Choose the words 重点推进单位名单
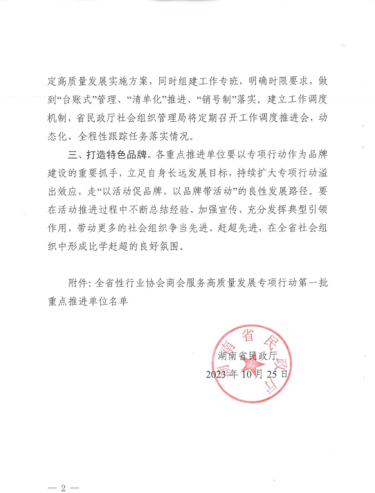click(x=88, y=302)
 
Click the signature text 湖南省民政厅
click(x=246, y=356)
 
